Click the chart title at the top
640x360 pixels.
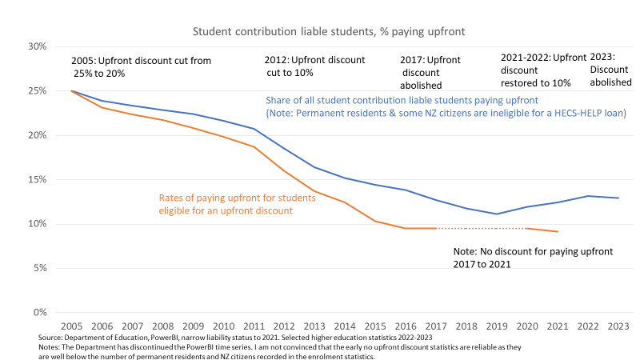pos(329,31)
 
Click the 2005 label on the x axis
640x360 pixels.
pos(72,326)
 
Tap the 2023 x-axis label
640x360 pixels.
pos(618,326)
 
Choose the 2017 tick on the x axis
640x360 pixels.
pos(436,326)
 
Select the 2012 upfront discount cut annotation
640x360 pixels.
pos(314,66)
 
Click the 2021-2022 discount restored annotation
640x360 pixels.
pos(543,70)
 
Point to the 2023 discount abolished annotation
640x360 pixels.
pos(610,70)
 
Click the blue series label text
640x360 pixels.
pos(446,106)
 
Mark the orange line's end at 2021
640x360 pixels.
pos(558,231)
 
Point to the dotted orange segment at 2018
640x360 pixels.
pos(466,228)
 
